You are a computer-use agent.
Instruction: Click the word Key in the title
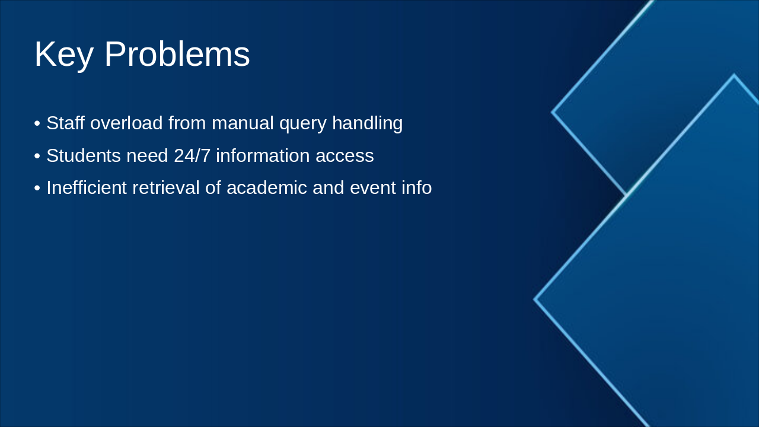[x=63, y=55]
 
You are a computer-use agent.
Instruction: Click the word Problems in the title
[x=177, y=55]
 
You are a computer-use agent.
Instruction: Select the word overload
[x=126, y=123]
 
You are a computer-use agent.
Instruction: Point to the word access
[x=345, y=156]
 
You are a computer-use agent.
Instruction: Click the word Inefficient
[x=87, y=187]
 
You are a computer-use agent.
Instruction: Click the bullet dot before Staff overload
[x=37, y=124]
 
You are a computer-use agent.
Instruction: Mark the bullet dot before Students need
[x=37, y=156]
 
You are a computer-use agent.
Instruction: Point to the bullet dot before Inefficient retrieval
[x=37, y=188]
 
